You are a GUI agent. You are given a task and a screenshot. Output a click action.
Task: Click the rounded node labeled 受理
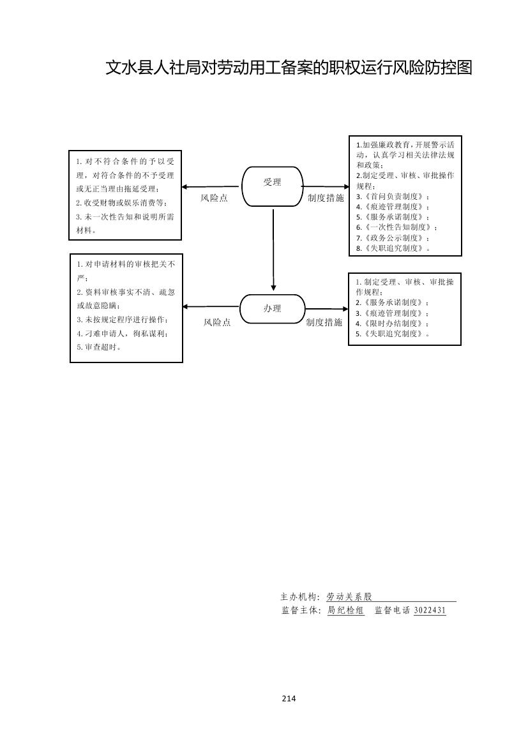tap(273, 186)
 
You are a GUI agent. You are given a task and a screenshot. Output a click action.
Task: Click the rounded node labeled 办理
tap(273, 309)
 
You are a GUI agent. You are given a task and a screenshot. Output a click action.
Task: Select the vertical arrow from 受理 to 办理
tap(273, 249)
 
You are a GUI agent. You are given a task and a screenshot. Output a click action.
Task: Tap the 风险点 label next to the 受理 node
tap(214, 198)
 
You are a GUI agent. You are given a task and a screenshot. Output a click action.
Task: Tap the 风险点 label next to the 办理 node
tap(217, 323)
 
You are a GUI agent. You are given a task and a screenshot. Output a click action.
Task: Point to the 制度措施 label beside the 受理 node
tap(326, 198)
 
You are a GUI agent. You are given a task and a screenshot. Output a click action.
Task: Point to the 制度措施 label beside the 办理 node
tap(324, 323)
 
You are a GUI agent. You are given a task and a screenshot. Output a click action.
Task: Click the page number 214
tap(289, 698)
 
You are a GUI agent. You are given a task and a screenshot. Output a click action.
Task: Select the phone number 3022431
tap(430, 611)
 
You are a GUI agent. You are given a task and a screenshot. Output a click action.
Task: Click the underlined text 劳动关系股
tap(349, 597)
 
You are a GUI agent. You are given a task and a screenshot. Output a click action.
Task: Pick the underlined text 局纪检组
tap(345, 611)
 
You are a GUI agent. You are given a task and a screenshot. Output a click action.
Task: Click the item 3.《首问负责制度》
tap(393, 197)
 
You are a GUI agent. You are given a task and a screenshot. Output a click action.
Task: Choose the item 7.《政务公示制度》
tap(393, 238)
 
